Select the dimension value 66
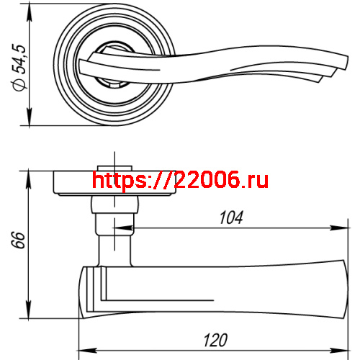pos(18,240)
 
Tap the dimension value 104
pos(231,217)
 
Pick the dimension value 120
pos(215,340)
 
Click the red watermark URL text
pos(180,180)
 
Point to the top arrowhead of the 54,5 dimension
pos(29,13)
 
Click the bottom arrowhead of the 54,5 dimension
pos(29,117)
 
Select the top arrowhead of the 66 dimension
pos(29,178)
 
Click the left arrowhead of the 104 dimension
pos(124,228)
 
